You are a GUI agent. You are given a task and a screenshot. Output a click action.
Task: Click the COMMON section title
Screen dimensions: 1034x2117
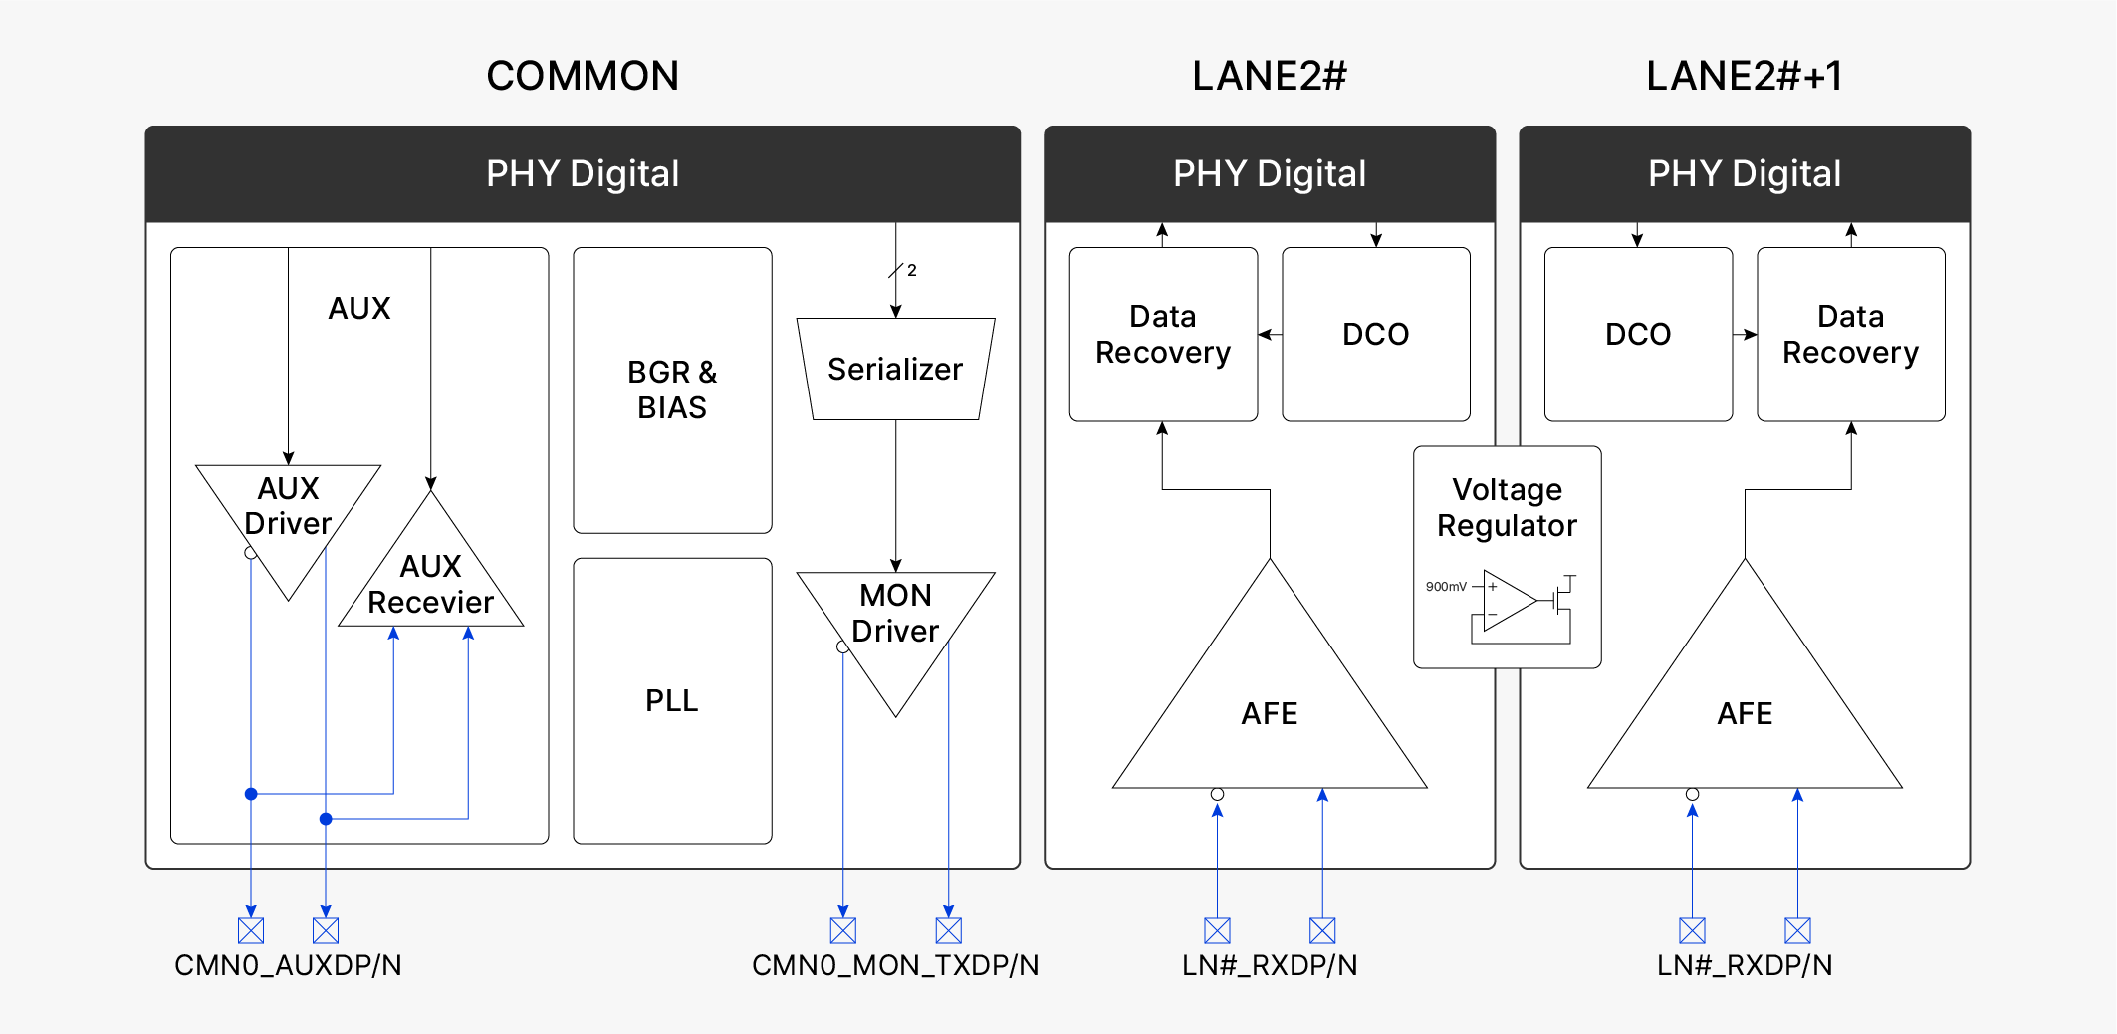click(x=583, y=76)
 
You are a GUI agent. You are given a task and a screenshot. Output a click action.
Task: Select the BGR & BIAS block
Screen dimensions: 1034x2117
click(x=672, y=389)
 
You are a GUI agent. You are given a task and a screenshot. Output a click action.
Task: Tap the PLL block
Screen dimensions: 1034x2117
click(x=672, y=700)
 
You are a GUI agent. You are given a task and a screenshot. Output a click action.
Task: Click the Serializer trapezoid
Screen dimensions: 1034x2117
click(x=895, y=370)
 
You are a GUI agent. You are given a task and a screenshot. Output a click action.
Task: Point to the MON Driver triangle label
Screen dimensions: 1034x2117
click(x=895, y=613)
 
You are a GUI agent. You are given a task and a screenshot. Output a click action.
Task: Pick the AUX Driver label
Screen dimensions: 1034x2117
click(x=288, y=506)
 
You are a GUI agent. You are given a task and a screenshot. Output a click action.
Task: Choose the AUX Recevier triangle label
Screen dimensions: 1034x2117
click(x=430, y=584)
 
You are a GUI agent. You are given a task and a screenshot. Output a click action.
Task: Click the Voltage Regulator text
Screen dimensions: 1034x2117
click(x=1507, y=507)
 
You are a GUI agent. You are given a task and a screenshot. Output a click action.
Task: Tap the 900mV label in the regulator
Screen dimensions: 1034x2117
click(x=1446, y=587)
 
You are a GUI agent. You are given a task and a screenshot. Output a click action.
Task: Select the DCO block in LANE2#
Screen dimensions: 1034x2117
click(x=1375, y=335)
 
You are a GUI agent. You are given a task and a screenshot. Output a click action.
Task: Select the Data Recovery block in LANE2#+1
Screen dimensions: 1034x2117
click(x=1850, y=335)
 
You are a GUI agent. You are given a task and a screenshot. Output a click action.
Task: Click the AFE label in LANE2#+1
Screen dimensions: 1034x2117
click(x=1745, y=713)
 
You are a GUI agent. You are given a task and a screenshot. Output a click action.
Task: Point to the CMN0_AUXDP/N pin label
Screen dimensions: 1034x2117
click(x=288, y=965)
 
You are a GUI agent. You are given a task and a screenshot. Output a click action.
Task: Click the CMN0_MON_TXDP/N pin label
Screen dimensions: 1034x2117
click(x=895, y=965)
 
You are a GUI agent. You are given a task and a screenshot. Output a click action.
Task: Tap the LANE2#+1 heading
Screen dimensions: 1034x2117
click(x=1744, y=76)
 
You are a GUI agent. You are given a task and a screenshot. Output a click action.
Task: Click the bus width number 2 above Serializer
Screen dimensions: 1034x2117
click(x=911, y=270)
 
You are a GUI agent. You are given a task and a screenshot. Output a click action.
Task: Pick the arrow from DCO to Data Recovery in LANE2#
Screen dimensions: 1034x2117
click(x=1270, y=335)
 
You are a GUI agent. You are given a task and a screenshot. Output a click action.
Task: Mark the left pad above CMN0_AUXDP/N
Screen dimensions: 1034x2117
click(x=251, y=930)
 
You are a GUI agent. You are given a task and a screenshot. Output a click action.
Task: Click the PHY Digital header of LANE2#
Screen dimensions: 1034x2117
click(x=1270, y=173)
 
